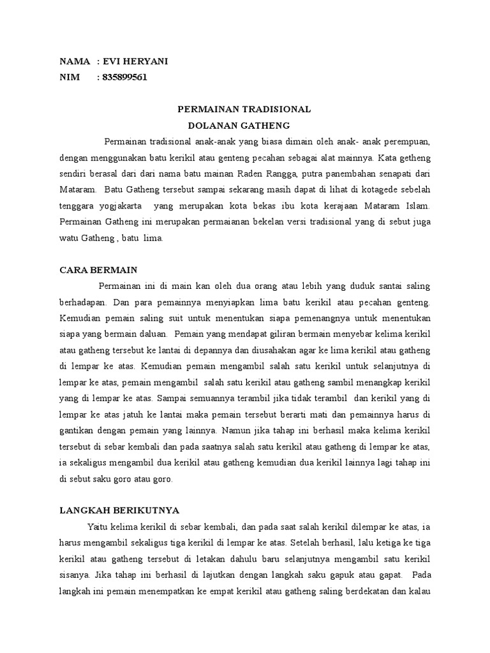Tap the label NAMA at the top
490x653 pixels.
coord(75,61)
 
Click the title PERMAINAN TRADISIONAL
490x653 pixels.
coord(244,109)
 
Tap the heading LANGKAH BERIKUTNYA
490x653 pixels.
coord(119,510)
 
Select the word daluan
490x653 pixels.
coord(151,333)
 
